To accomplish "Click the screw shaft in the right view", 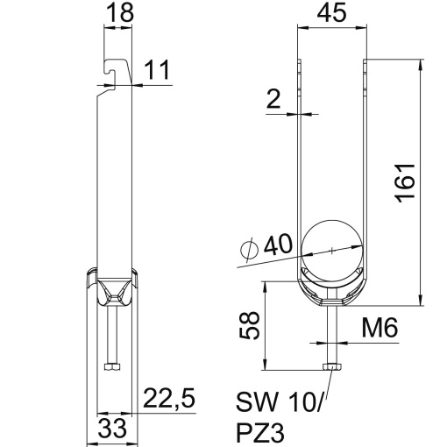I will point(331,329).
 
